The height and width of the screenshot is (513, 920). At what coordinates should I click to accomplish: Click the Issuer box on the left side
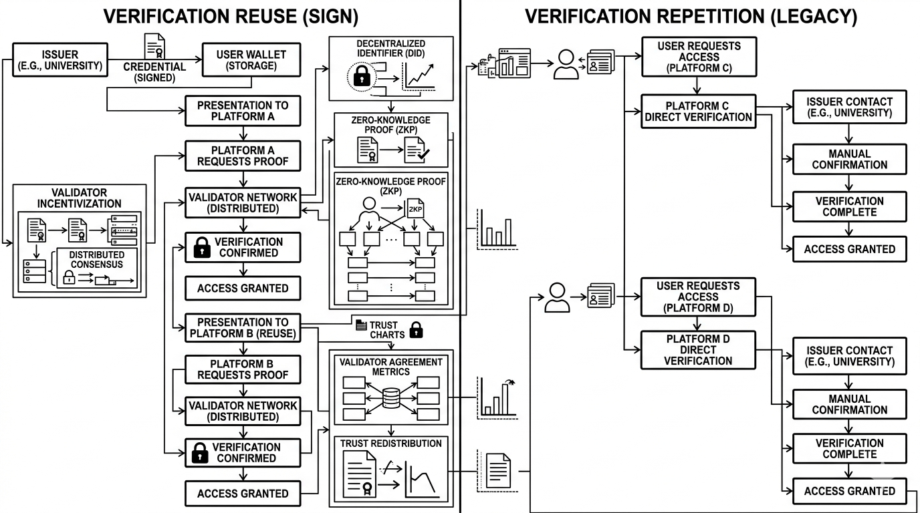pyautogui.click(x=60, y=59)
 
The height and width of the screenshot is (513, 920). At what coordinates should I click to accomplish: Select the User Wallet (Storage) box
pyautogui.click(x=251, y=59)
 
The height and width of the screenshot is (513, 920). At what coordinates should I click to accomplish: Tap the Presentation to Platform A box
pyautogui.click(x=243, y=111)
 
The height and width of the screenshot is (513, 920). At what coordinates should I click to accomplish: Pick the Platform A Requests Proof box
pyautogui.click(x=243, y=156)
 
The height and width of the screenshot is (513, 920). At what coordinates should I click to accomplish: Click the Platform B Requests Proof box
pyautogui.click(x=243, y=369)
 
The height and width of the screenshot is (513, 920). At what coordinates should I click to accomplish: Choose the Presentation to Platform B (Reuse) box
pyautogui.click(x=243, y=327)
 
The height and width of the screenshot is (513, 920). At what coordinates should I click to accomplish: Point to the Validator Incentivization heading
pyautogui.click(x=79, y=198)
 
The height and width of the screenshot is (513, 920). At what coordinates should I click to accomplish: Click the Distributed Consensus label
pyautogui.click(x=96, y=259)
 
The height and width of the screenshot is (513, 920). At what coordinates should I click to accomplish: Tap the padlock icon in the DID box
pyautogui.click(x=362, y=77)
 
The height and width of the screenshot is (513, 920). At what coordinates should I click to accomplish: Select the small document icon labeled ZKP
pyautogui.click(x=415, y=208)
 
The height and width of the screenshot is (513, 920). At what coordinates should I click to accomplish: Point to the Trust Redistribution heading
pyautogui.click(x=391, y=444)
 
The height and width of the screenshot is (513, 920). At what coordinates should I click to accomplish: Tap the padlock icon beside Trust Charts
pyautogui.click(x=417, y=329)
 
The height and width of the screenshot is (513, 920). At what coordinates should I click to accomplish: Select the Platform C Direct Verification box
pyautogui.click(x=699, y=112)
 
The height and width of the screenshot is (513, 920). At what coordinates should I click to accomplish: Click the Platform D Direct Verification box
pyautogui.click(x=699, y=350)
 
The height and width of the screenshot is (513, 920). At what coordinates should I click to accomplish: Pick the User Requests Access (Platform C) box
pyautogui.click(x=699, y=57)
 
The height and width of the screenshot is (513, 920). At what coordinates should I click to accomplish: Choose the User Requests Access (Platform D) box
pyautogui.click(x=699, y=297)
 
